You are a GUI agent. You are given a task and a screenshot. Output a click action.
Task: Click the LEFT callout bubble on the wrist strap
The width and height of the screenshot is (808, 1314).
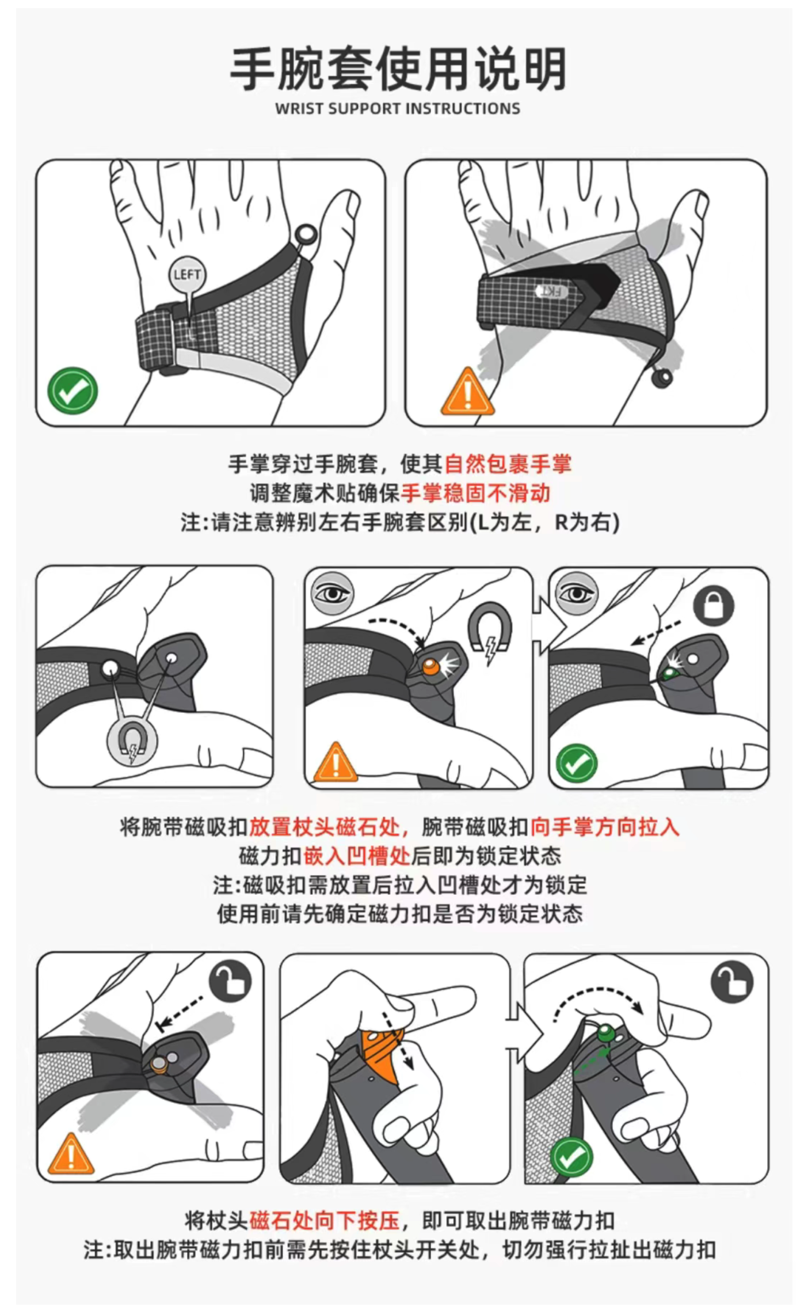[187, 275]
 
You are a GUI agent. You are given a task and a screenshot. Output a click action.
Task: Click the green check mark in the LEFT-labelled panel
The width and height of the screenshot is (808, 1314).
[73, 390]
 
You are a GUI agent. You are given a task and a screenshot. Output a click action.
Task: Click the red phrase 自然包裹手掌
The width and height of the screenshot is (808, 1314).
[508, 464]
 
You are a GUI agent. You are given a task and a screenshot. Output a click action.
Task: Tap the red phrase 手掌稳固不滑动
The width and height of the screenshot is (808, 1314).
[475, 493]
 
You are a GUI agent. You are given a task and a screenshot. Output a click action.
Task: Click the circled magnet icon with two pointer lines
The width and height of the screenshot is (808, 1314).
[132, 742]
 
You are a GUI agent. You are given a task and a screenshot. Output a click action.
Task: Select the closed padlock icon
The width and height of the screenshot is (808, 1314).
[713, 606]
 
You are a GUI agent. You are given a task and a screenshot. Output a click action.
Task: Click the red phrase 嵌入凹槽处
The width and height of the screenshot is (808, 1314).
[356, 856]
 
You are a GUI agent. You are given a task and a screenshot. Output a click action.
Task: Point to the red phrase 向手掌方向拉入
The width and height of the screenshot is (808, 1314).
[604, 827]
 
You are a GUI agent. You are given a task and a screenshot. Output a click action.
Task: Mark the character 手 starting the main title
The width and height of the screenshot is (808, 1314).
[254, 69]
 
